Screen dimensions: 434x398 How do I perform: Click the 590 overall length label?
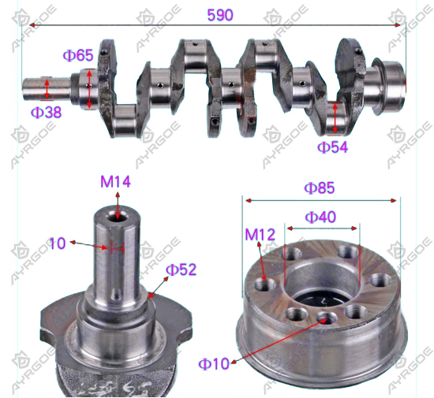pyautogui.click(x=220, y=15)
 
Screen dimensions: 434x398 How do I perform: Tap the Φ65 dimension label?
pyautogui.click(x=78, y=55)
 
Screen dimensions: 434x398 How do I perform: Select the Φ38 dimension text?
pyautogui.click(x=46, y=113)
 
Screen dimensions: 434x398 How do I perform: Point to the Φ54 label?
pyautogui.click(x=332, y=147)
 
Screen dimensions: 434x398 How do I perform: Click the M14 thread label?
pyautogui.click(x=115, y=182)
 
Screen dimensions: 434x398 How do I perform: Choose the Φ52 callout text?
pyautogui.click(x=181, y=270)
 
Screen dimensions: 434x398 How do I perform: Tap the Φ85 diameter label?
pyautogui.click(x=320, y=188)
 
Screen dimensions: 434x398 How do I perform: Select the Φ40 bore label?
pyautogui.click(x=320, y=217)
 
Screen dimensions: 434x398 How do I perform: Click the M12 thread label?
pyautogui.click(x=260, y=235)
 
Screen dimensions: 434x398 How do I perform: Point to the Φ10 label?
pyautogui.click(x=214, y=364)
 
